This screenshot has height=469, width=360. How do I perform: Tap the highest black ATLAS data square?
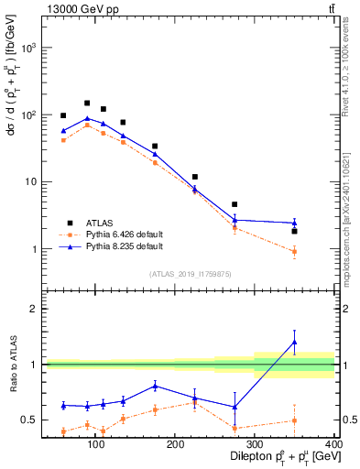coord(87,104)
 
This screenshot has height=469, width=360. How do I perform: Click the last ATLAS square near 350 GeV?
coord(320,231)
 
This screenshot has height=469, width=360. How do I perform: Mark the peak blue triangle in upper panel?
coord(87,118)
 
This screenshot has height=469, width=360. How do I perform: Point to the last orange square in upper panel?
coord(320,251)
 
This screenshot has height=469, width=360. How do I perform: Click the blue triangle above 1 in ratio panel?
coord(320,342)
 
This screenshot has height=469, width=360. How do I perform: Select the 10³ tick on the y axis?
coord(29,48)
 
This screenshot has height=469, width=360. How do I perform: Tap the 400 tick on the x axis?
coord(333,445)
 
